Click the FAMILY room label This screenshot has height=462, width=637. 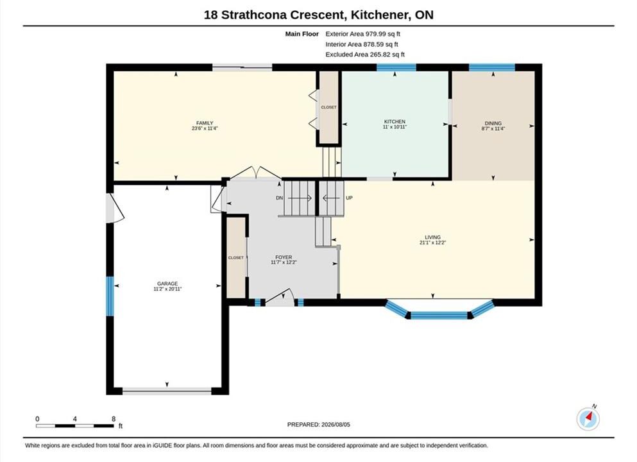[x=205, y=123]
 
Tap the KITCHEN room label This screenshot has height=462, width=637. [x=395, y=121]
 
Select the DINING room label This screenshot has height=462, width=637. [x=493, y=123]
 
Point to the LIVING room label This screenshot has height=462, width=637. [x=432, y=237]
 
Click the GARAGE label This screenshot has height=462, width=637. [x=167, y=284]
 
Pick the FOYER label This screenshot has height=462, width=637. [x=284, y=257]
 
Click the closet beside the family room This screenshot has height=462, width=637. [x=328, y=107]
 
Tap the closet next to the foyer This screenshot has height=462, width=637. [x=236, y=257]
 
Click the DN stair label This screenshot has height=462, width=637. [x=280, y=198]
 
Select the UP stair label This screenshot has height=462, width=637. [x=349, y=198]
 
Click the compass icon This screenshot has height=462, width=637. [x=588, y=418]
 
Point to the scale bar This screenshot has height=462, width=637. [x=75, y=426]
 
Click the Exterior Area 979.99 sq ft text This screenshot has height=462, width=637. [x=363, y=34]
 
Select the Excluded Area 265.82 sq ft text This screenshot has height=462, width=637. [x=365, y=55]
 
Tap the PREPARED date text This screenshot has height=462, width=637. [x=318, y=425]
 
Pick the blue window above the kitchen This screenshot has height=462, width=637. [x=396, y=67]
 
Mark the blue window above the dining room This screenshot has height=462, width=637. [x=492, y=67]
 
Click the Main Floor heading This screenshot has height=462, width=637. [x=302, y=34]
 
